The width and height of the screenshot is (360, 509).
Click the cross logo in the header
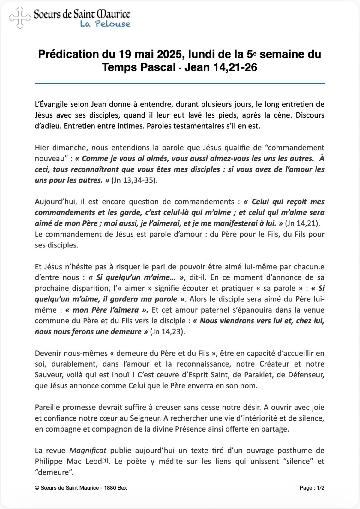click(20, 18)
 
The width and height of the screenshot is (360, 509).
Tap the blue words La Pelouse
click(105, 24)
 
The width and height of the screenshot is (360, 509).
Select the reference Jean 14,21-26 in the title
click(221, 67)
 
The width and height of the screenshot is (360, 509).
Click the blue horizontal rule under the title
click(179, 83)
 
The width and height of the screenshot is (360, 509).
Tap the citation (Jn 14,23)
click(167, 332)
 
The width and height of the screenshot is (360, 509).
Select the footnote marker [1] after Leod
click(105, 461)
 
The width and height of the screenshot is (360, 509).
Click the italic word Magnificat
click(88, 451)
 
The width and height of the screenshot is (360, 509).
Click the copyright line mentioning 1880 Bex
click(81, 488)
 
